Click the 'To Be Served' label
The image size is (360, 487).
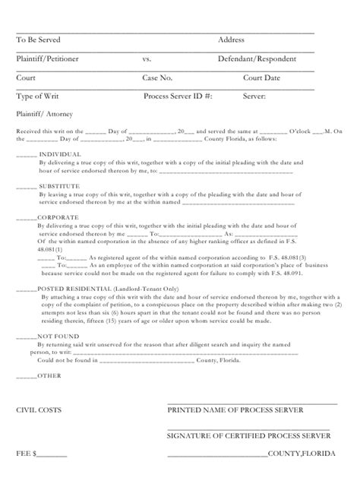(x=38, y=40)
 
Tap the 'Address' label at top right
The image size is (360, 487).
(x=231, y=40)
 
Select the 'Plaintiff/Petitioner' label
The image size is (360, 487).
(x=46, y=59)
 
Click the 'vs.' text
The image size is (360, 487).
(x=147, y=59)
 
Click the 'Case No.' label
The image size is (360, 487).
(x=158, y=77)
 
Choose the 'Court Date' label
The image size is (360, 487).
(x=262, y=77)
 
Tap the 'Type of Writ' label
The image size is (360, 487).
(x=38, y=96)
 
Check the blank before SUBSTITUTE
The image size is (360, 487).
(x=26, y=187)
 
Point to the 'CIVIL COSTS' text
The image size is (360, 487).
(x=39, y=410)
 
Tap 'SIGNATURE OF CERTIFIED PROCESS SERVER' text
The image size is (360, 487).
(x=248, y=436)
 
